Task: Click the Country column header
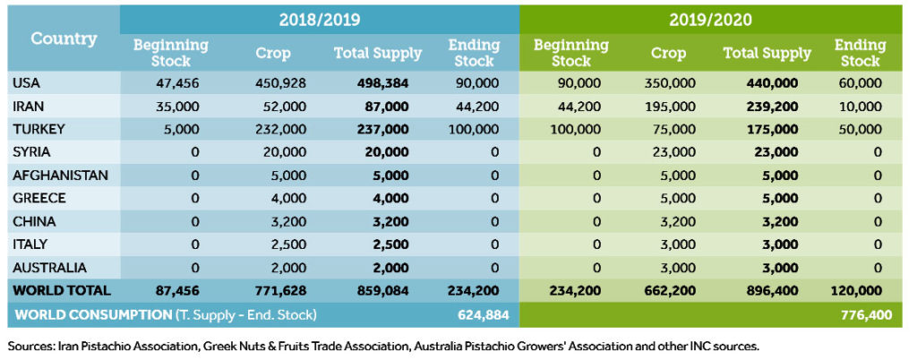[63, 39]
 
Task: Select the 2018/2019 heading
[319, 18]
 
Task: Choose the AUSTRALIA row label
[49, 268]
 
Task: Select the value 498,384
[377, 82]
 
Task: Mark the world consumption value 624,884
[475, 314]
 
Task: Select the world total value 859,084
[377, 291]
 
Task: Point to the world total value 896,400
[767, 291]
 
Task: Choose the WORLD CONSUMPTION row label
[166, 314]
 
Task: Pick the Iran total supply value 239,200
[767, 106]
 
